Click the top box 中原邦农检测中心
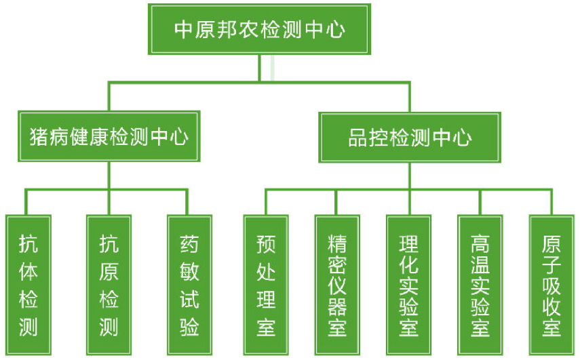click(260, 29)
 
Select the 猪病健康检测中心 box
click(109, 138)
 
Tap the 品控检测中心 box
click(410, 138)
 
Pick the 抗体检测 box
click(28, 285)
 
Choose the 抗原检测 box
click(109, 285)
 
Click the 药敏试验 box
click(189, 285)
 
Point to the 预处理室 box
click(266, 285)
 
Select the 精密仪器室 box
click(337, 285)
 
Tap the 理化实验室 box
click(409, 285)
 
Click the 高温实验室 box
click(480, 285)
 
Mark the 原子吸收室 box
click(552, 285)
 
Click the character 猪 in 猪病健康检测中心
click(39, 138)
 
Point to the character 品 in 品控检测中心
click(357, 138)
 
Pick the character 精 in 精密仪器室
click(337, 243)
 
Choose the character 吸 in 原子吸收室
click(552, 285)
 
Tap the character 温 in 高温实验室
click(480, 264)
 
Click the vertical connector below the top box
click(259, 68)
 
